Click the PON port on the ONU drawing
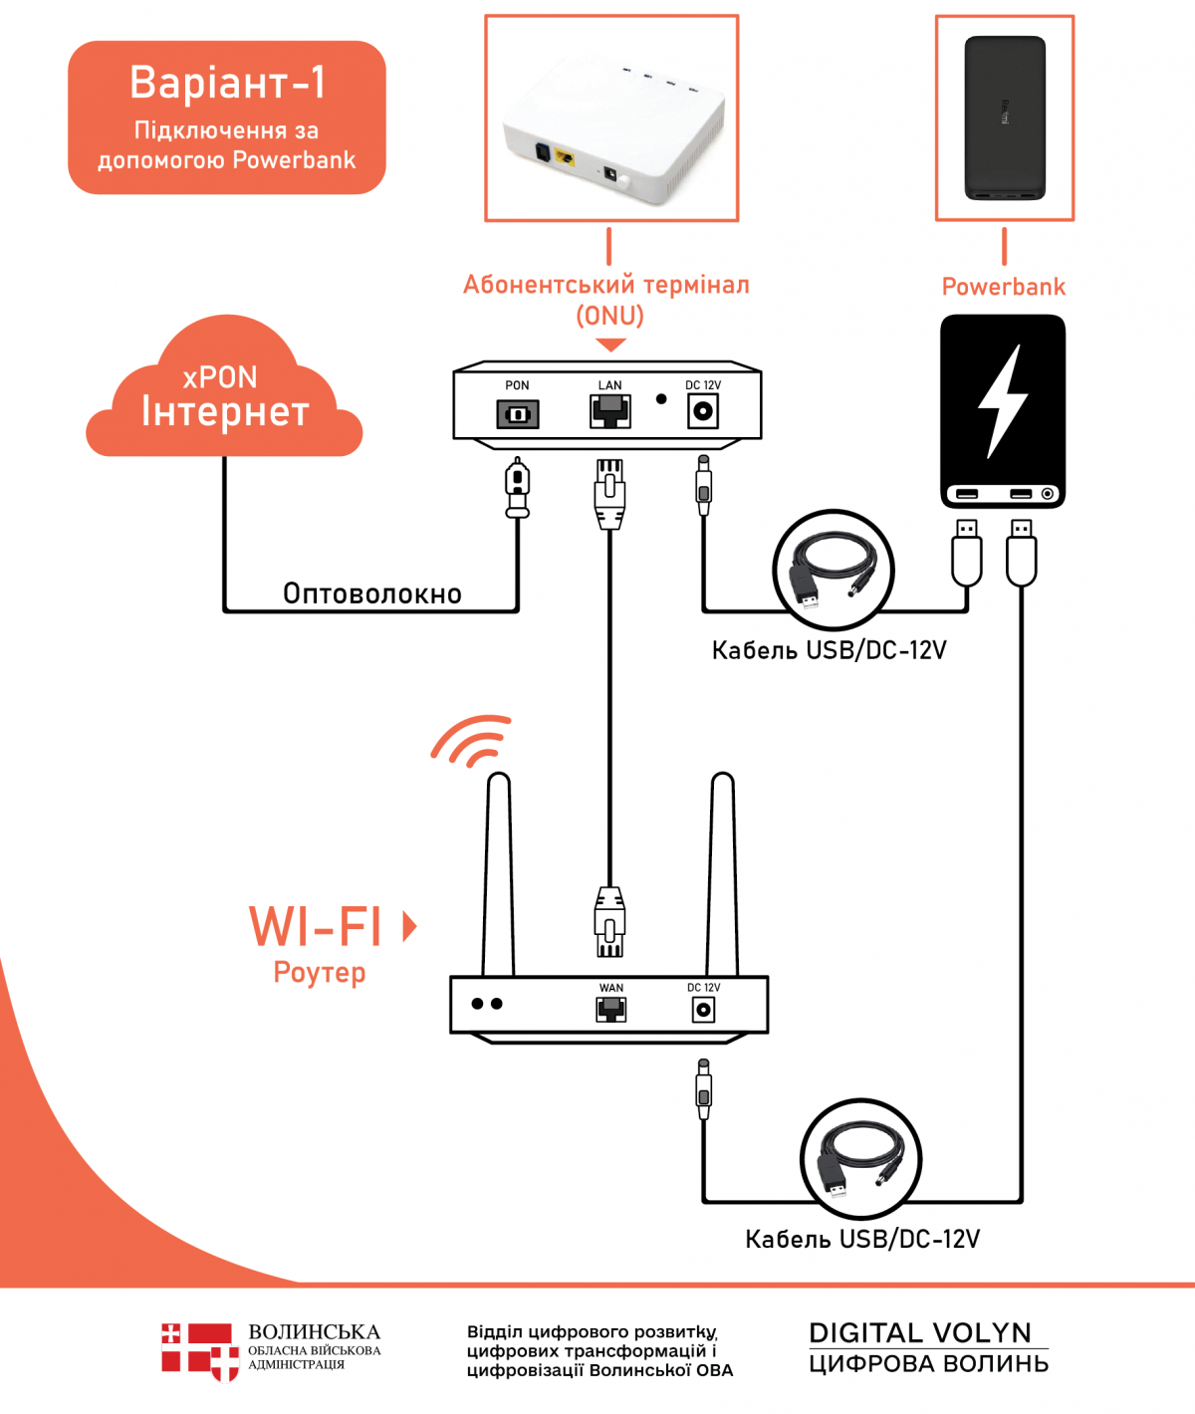point(518,413)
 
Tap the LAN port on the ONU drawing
point(609,410)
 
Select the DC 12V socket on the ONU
point(703,410)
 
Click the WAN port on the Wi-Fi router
point(610,1010)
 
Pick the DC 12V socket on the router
point(703,1010)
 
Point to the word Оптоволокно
point(372,593)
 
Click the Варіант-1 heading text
point(227,83)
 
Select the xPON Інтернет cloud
point(224,398)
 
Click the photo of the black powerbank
point(1004,118)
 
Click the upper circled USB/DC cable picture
point(834,571)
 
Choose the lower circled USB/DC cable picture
point(860,1158)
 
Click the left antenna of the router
point(498,876)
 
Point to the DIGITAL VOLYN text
point(920,1332)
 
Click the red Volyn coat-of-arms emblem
point(199,1350)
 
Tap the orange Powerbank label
point(1003,287)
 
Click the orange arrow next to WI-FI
point(408,926)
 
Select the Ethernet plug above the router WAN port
point(609,921)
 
